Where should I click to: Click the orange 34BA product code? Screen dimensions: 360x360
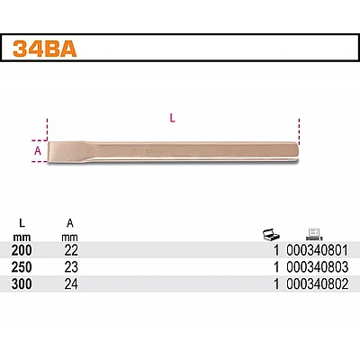click(45, 49)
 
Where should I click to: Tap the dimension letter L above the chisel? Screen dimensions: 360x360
click(172, 119)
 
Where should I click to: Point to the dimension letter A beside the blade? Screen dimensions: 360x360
click(38, 151)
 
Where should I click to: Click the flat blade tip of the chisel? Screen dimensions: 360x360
click(49, 152)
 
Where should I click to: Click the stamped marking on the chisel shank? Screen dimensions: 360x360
click(147, 151)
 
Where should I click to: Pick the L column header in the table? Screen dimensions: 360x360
click(22, 223)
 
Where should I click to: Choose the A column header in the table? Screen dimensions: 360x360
click(70, 223)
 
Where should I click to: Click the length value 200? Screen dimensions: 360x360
click(22, 250)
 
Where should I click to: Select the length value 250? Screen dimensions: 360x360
click(22, 267)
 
